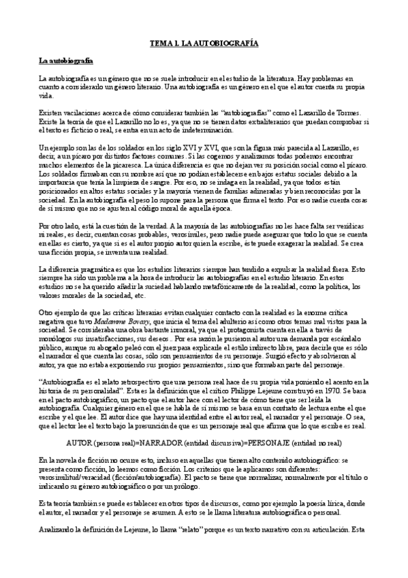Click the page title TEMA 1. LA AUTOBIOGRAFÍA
pos(204,43)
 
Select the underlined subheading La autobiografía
pos(65,61)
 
